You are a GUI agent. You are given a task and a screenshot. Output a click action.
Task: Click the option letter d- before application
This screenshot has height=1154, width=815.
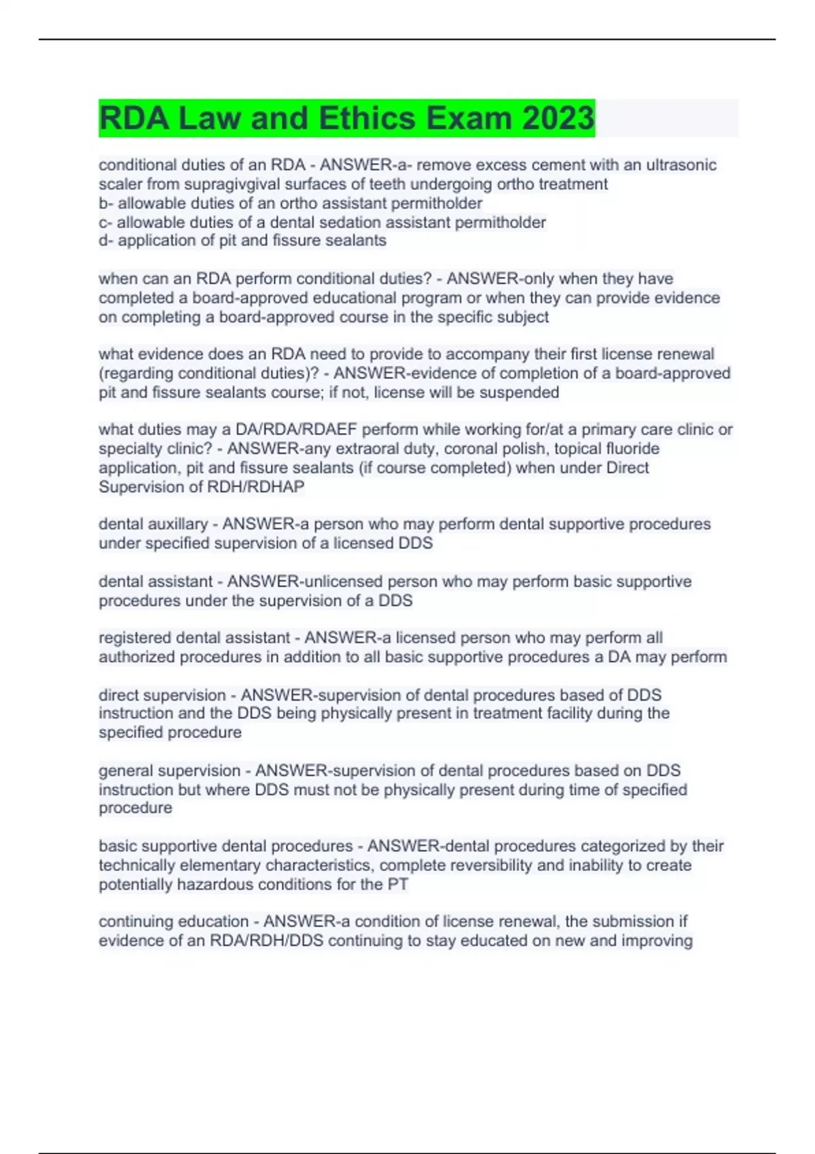[x=106, y=240]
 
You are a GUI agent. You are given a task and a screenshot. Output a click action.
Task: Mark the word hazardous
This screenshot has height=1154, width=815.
[x=215, y=885]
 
